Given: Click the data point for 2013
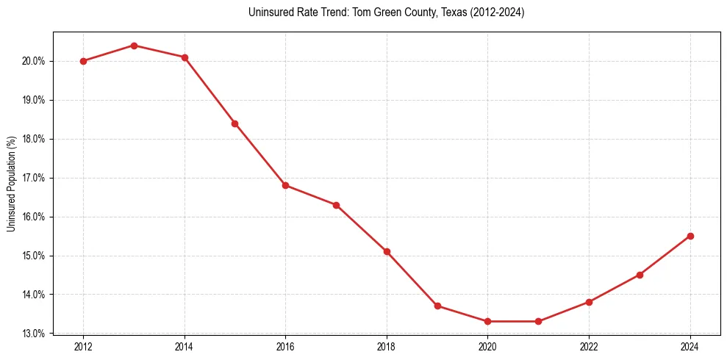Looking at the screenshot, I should click(134, 46).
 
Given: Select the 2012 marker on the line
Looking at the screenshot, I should click(83, 61).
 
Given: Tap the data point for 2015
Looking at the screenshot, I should click(235, 123).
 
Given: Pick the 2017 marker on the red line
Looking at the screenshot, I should click(336, 205).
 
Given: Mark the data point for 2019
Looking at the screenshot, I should click(437, 306).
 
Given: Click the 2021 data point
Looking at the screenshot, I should click(538, 321).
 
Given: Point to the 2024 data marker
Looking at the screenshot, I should click(690, 236).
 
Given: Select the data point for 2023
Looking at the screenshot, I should click(640, 275).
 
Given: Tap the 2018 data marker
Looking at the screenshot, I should click(387, 251).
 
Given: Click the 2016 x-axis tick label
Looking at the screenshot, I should click(285, 346).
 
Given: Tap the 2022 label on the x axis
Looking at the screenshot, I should click(589, 346).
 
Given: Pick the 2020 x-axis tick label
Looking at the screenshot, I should click(487, 346).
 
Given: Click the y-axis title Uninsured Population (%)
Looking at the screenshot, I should click(11, 183).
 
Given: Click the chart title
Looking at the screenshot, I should click(387, 12).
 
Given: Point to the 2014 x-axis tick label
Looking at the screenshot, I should click(185, 346).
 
